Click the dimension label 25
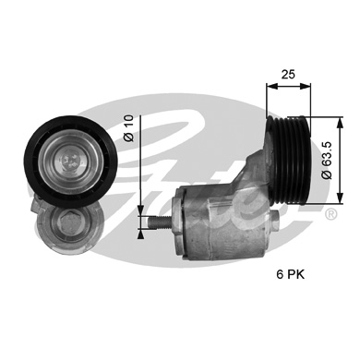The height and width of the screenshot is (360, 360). [288, 75]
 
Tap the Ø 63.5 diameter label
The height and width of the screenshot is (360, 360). [328, 160]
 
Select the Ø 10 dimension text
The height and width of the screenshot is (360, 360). [129, 128]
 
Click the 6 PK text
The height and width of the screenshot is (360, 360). [290, 274]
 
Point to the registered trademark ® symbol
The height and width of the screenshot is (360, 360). [330, 214]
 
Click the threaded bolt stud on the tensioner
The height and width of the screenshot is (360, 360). [159, 222]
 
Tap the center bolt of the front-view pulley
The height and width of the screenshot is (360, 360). [71, 161]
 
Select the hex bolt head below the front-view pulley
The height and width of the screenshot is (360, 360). [67, 224]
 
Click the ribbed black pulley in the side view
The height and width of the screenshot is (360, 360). [290, 160]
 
